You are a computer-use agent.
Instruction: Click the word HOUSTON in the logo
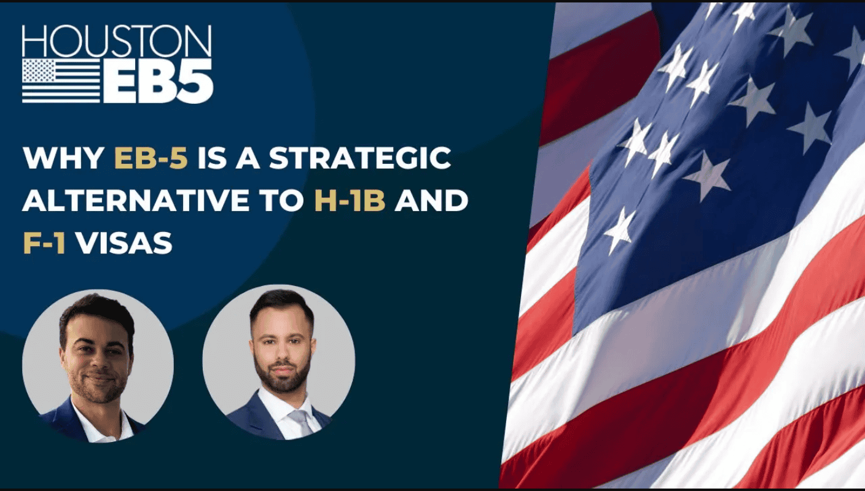pos(117,42)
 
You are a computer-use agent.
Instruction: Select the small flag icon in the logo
pos(61,80)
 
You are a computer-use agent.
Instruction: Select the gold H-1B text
pos(350,201)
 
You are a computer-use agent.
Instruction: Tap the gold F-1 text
pos(44,243)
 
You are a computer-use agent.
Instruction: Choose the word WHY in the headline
pos(64,159)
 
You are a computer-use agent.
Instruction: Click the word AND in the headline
pos(432,201)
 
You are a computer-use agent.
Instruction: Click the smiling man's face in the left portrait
pos(97,362)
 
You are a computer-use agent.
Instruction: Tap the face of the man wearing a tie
pos(280,350)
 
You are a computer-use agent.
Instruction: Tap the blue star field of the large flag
pos(706,153)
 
